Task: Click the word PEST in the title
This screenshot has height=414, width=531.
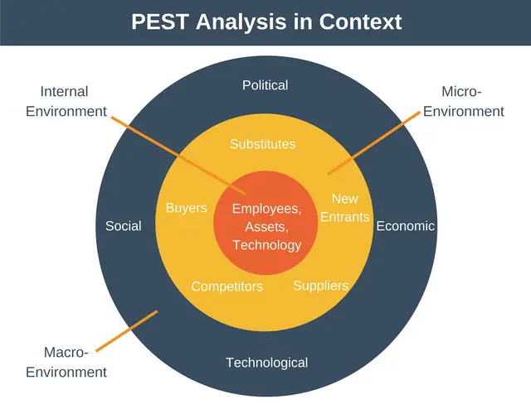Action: [160, 22]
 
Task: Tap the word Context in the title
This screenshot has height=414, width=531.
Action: [360, 22]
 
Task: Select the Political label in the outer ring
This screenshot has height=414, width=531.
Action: [265, 85]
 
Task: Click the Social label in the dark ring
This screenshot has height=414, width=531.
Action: [124, 226]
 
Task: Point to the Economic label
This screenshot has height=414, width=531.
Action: [406, 226]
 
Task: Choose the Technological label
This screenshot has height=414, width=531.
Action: [267, 363]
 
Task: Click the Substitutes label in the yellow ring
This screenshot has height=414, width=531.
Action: [263, 144]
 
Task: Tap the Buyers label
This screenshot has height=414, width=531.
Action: [186, 208]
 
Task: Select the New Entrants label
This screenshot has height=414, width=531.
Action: [345, 208]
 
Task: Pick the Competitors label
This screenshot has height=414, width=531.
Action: [227, 286]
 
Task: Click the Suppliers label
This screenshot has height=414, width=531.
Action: [321, 286]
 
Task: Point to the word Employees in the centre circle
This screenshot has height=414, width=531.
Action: [267, 209]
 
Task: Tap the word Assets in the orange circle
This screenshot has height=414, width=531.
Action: [267, 227]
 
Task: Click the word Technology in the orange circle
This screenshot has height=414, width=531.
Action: [267, 245]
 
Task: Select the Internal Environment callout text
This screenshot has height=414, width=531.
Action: [66, 101]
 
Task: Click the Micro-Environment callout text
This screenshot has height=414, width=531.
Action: [464, 101]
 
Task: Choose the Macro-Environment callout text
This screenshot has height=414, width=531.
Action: [66, 363]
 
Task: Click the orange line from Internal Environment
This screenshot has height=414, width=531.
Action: [178, 156]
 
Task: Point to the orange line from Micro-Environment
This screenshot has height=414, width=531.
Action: [374, 143]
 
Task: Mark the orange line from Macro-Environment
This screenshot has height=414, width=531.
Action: [127, 331]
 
